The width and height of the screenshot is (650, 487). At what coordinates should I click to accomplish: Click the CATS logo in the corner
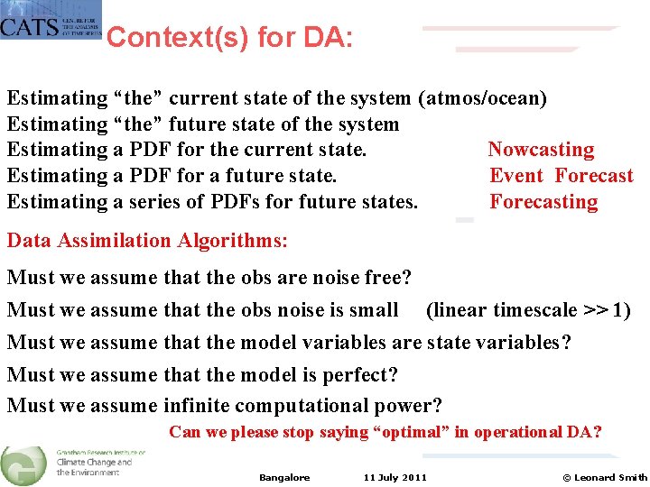click(50, 20)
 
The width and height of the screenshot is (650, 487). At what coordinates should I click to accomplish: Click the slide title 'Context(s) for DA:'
click(229, 38)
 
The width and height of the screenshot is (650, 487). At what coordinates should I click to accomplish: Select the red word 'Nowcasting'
click(541, 150)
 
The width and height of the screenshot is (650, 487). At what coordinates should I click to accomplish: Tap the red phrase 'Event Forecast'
click(561, 176)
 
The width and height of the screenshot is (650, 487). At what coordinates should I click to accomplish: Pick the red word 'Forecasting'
click(543, 202)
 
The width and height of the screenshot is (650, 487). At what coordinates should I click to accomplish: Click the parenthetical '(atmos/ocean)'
click(482, 98)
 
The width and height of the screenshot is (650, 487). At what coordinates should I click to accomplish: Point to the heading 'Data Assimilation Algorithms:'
click(147, 241)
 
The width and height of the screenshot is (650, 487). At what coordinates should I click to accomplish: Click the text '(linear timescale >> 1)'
click(528, 310)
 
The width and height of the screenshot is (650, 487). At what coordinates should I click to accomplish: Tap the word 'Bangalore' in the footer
click(284, 478)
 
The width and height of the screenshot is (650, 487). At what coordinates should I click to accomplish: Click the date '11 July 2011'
click(395, 478)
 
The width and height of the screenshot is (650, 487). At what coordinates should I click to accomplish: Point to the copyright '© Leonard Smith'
click(604, 478)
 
